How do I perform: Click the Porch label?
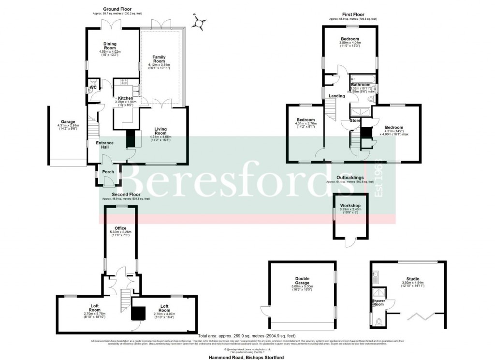click(x=108, y=172)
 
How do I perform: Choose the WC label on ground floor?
click(x=91, y=88)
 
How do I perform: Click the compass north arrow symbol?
click(x=198, y=22)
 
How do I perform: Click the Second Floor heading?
click(x=118, y=195)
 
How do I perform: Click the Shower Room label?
click(x=379, y=302)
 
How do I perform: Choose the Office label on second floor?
click(x=120, y=228)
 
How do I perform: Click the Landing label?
click(x=337, y=96)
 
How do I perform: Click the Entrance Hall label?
click(x=104, y=145)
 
